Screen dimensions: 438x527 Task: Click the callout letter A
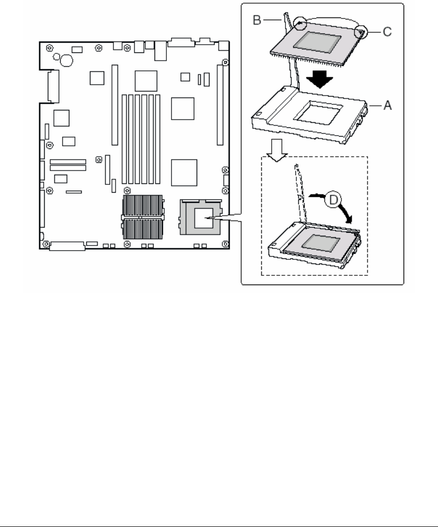click(387, 105)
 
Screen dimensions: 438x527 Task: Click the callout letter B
click(257, 20)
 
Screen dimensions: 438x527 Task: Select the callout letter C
click(387, 32)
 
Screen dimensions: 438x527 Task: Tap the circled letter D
click(333, 200)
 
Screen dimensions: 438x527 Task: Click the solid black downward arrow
click(319, 79)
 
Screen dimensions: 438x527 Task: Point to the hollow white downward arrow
click(277, 150)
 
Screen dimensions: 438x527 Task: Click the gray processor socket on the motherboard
click(201, 217)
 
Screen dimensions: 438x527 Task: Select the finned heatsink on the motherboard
click(143, 217)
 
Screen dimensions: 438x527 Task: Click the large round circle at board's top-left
click(67, 61)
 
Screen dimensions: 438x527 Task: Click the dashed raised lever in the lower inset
click(301, 193)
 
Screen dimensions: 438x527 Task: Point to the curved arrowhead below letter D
click(350, 219)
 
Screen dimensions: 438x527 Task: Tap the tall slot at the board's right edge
click(220, 105)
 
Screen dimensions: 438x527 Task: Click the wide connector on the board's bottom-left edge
click(67, 247)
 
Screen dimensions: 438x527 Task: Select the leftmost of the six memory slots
click(124, 139)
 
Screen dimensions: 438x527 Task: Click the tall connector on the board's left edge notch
click(53, 86)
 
